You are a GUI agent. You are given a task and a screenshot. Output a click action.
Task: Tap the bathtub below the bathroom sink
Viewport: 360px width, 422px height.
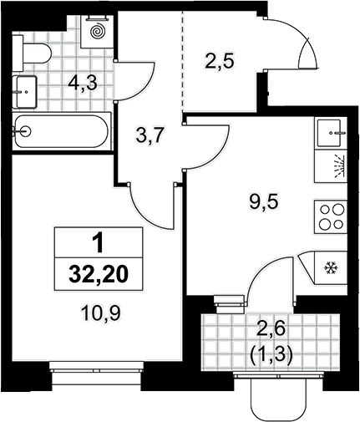coord(62,131)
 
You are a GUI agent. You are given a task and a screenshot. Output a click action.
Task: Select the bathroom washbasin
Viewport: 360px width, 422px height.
coord(25,92)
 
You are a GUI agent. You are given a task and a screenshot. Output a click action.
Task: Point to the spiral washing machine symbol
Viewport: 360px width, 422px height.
coord(97,31)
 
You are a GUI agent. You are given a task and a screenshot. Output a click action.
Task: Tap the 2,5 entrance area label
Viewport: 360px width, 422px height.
coord(220,61)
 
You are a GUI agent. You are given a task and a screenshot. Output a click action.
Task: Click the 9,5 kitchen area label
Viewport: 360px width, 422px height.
coord(264,201)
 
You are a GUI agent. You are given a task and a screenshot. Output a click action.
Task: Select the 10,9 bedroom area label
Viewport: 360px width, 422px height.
coord(101,313)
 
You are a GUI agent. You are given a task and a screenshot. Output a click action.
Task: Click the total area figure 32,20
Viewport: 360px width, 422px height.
coord(99,274)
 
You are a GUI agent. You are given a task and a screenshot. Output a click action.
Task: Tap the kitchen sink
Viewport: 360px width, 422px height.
coord(331,133)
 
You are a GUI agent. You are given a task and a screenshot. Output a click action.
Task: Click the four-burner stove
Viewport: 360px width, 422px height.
coord(331,216)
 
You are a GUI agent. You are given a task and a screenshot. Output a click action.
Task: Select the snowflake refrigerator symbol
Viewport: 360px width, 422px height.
coord(331,268)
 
